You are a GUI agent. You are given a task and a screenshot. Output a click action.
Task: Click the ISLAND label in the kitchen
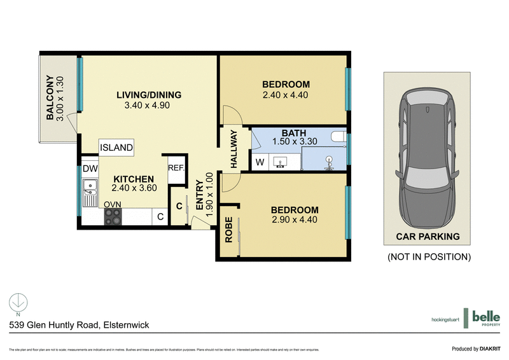coord(116,148)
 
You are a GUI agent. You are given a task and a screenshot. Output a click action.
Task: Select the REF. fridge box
coord(176,169)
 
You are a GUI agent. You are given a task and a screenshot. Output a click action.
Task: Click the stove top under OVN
coord(113,216)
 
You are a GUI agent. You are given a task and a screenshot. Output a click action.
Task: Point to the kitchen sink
coord(88,188)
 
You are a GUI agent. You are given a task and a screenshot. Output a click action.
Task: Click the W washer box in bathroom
coord(260,163)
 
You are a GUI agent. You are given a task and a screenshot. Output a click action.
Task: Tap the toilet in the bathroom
coord(330,163)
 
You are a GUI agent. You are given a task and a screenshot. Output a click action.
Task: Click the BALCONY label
coord(50,99)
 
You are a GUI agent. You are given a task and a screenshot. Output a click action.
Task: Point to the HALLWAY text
coord(234,149)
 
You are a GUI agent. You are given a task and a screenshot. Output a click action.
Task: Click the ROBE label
coord(228,232)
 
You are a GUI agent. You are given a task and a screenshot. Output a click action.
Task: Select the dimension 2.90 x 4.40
coord(294,220)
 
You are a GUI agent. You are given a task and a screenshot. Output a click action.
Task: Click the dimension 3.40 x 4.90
coord(149,106)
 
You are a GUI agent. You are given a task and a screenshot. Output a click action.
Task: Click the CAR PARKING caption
coord(428,237)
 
